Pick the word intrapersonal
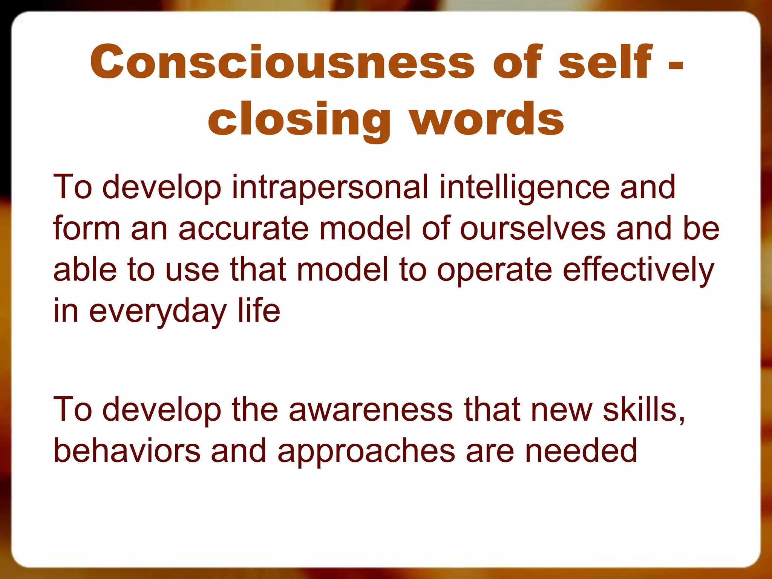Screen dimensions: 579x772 [x=330, y=187]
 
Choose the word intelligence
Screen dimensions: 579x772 [x=524, y=187]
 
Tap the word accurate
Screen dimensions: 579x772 [x=244, y=228]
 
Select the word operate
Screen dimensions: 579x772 [x=494, y=270]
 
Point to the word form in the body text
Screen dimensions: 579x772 [x=87, y=228]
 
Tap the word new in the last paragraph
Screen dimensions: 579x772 [x=561, y=410]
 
